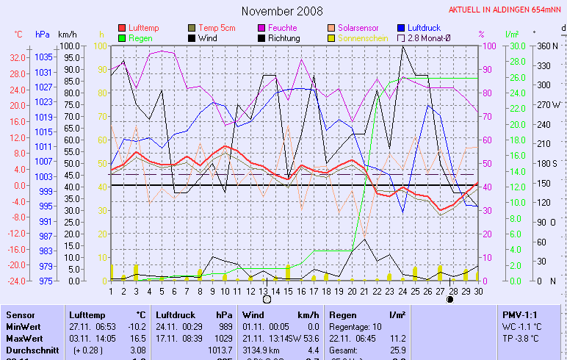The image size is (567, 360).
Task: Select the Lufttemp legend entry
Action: pyautogui.click(x=143, y=28)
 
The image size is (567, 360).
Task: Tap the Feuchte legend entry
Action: pyautogui.click(x=283, y=28)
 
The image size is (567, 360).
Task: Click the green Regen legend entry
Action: pyautogui.click(x=140, y=37)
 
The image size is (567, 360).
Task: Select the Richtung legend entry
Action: pyautogui.click(x=283, y=37)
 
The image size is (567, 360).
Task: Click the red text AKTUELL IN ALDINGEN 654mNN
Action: pyautogui.click(x=506, y=10)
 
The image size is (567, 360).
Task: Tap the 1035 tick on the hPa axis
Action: pyautogui.click(x=43, y=57)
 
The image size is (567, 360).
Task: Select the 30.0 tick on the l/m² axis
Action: pyautogui.click(x=516, y=46)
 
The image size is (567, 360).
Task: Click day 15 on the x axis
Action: pyautogui.click(x=289, y=291)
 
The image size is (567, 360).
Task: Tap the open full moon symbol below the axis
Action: pyautogui.click(x=267, y=299)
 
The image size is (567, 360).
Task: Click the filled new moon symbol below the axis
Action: pyautogui.click(x=449, y=299)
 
